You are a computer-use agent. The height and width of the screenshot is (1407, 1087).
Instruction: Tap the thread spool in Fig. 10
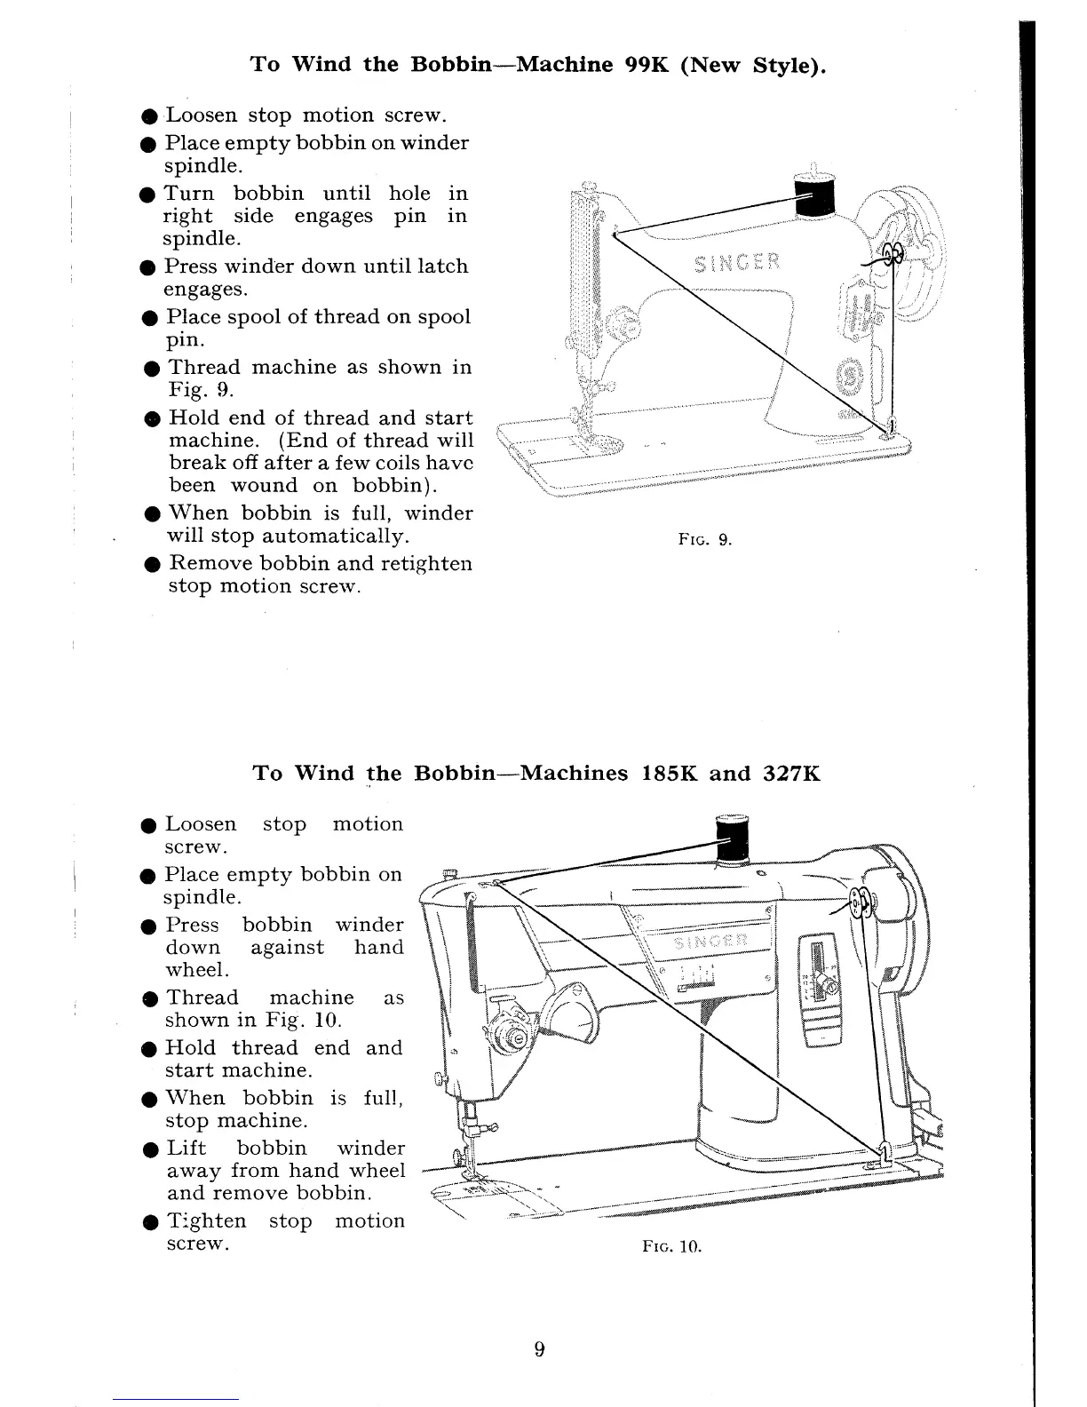(733, 839)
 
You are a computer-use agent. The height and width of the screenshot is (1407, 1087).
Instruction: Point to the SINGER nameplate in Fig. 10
(711, 942)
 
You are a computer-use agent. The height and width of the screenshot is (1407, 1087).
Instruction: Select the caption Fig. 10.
(671, 1246)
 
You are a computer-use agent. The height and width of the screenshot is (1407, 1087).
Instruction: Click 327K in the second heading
(791, 773)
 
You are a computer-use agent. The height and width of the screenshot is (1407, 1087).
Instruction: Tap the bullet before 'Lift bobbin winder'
(152, 1149)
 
